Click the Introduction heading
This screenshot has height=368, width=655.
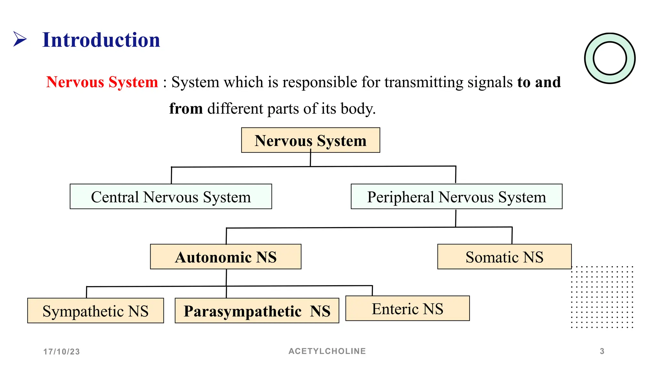pyautogui.click(x=101, y=40)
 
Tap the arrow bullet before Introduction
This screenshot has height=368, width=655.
pyautogui.click(x=20, y=39)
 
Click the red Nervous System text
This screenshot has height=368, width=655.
pyautogui.click(x=102, y=82)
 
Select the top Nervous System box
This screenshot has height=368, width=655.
pyautogui.click(x=310, y=141)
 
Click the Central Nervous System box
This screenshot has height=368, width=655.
pyautogui.click(x=171, y=197)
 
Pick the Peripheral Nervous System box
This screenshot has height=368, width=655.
pyautogui.click(x=456, y=197)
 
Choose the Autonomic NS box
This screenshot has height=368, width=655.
pyautogui.click(x=225, y=257)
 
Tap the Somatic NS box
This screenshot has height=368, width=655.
pyautogui.click(x=504, y=257)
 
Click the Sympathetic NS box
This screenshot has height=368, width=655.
pyautogui.click(x=95, y=311)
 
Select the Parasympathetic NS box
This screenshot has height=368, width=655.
pyautogui.click(x=257, y=311)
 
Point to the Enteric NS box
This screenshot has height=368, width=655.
pyautogui.click(x=407, y=309)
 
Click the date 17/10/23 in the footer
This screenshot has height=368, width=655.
pyautogui.click(x=62, y=352)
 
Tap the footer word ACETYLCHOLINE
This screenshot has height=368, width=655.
pyautogui.click(x=327, y=351)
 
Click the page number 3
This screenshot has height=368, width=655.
pyautogui.click(x=602, y=351)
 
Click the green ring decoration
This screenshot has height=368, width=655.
pyautogui.click(x=589, y=58)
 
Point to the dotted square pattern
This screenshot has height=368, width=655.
pyautogui.click(x=602, y=297)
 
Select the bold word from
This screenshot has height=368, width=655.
pyautogui.click(x=186, y=109)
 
